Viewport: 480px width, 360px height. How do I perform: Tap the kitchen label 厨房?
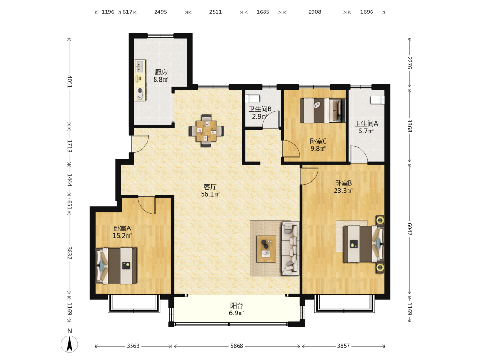tap(161, 72)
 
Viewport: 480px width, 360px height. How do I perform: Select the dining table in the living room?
tap(206, 131)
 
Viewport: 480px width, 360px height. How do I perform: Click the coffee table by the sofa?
tap(266, 249)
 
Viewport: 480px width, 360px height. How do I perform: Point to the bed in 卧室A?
tap(116, 266)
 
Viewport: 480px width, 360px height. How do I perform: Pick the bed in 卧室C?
tap(323, 110)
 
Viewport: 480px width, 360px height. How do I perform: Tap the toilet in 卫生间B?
tap(252, 98)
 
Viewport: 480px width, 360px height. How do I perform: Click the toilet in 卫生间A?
tap(377, 100)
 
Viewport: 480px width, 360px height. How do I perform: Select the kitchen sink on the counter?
tap(140, 66)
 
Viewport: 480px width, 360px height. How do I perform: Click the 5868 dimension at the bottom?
tap(237, 346)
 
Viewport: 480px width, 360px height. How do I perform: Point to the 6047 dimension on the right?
tap(409, 229)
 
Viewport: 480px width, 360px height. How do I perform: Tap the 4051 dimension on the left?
tap(70, 82)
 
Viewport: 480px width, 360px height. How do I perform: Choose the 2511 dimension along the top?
tap(216, 12)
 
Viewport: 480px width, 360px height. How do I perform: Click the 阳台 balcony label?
tap(237, 305)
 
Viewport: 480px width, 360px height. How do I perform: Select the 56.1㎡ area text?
tap(210, 194)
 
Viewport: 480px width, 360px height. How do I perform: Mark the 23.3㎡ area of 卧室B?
tap(343, 191)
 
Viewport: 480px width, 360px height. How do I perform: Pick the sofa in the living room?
tap(290, 248)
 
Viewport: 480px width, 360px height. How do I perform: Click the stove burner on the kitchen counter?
tap(140, 91)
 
